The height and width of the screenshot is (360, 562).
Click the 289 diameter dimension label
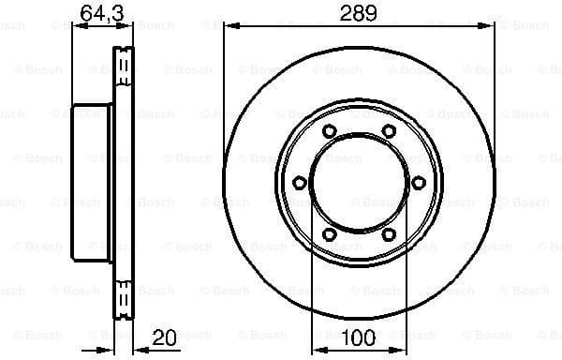(359, 13)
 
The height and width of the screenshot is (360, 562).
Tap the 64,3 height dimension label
(97, 13)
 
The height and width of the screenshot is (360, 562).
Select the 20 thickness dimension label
(165, 336)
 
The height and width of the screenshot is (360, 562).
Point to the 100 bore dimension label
(359, 336)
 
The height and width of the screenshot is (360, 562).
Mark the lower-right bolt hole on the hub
(388, 234)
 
